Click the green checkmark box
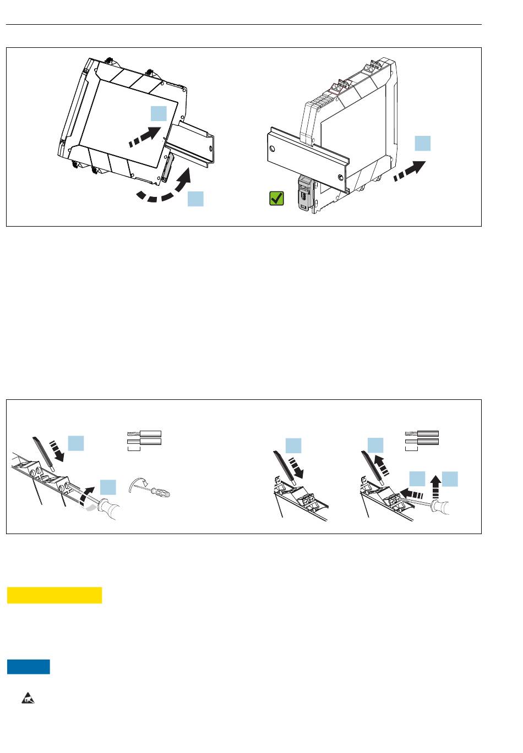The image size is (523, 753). (x=276, y=198)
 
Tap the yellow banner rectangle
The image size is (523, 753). (x=55, y=595)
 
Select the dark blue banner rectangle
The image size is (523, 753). (x=29, y=667)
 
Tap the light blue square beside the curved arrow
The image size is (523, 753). (x=195, y=199)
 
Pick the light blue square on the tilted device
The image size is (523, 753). (x=159, y=113)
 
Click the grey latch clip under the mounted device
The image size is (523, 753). (x=304, y=192)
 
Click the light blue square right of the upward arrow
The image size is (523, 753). (x=450, y=479)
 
